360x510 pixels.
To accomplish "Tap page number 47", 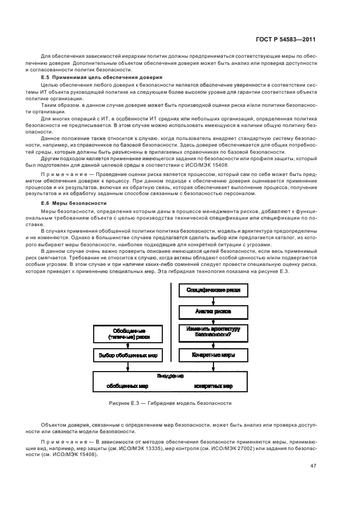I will pos(313,465).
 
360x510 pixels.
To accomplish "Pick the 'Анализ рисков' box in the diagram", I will pos(213,311).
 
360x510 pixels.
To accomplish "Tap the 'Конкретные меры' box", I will pos(213,355).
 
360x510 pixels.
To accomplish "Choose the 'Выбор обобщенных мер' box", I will pos(129,355).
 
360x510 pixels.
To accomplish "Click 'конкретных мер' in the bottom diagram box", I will pos(213,386).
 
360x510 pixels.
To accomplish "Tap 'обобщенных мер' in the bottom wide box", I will pos(129,386).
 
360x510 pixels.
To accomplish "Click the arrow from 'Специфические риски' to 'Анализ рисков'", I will pos(213,300).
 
